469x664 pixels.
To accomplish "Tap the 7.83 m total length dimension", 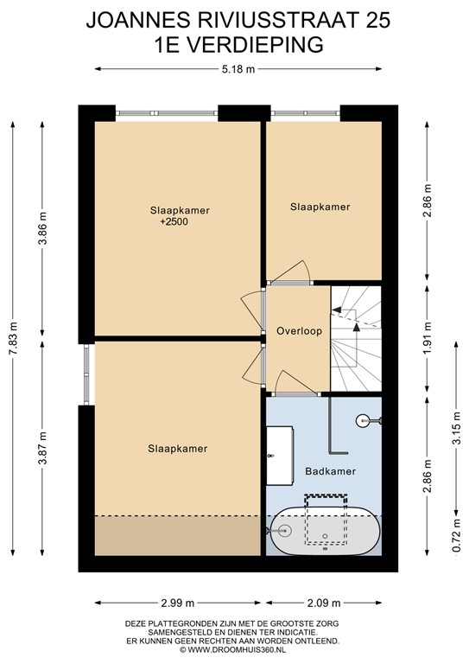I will click(x=13, y=338).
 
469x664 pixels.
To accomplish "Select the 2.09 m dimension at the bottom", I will click(x=325, y=603).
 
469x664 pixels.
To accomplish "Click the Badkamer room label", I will click(x=327, y=472).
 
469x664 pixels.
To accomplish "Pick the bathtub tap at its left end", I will click(x=283, y=529).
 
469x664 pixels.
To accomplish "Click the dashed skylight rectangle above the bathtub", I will click(x=326, y=520).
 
